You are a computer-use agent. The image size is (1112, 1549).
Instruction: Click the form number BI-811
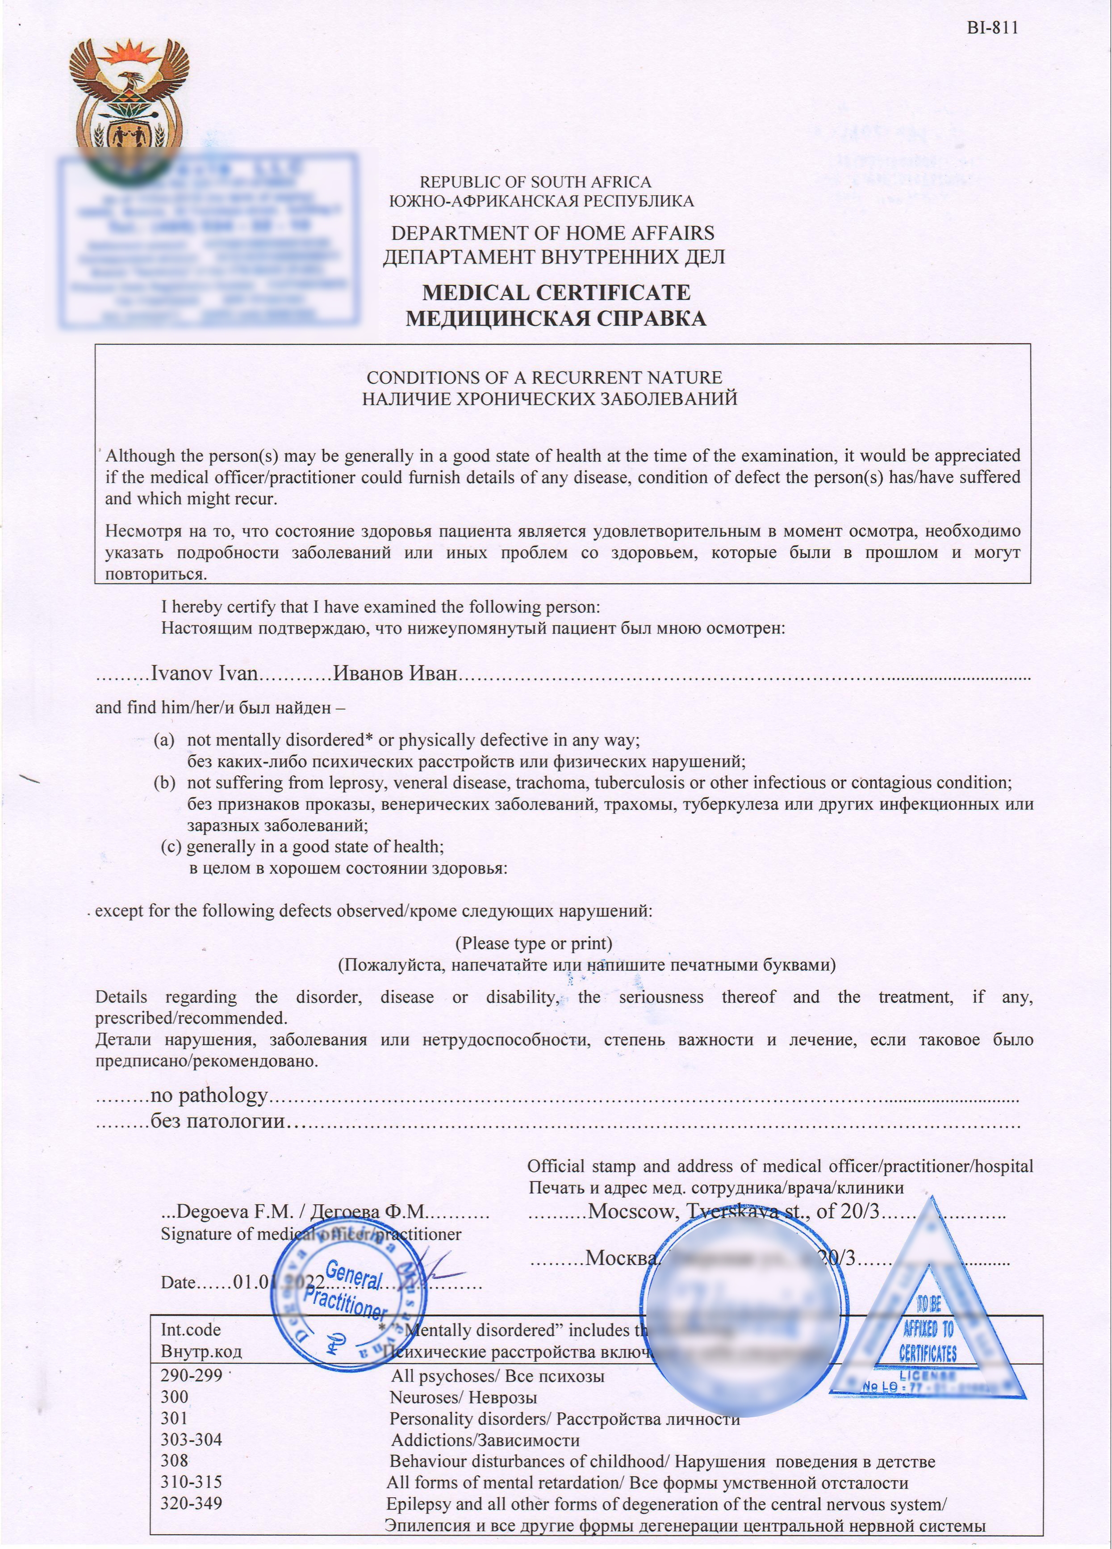pos(992,28)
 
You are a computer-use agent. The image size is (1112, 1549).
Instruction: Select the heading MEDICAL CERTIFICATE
pos(556,292)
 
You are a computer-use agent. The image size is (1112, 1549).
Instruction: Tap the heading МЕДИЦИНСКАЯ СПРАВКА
pos(556,319)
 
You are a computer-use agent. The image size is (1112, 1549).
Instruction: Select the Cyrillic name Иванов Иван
pos(395,674)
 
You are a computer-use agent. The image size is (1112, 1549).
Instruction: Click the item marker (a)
pos(164,740)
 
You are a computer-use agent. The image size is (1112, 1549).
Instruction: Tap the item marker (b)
pos(164,783)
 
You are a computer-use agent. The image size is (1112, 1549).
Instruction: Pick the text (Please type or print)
pos(534,943)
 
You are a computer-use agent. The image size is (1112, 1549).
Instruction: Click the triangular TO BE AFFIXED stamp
pos(928,1332)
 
